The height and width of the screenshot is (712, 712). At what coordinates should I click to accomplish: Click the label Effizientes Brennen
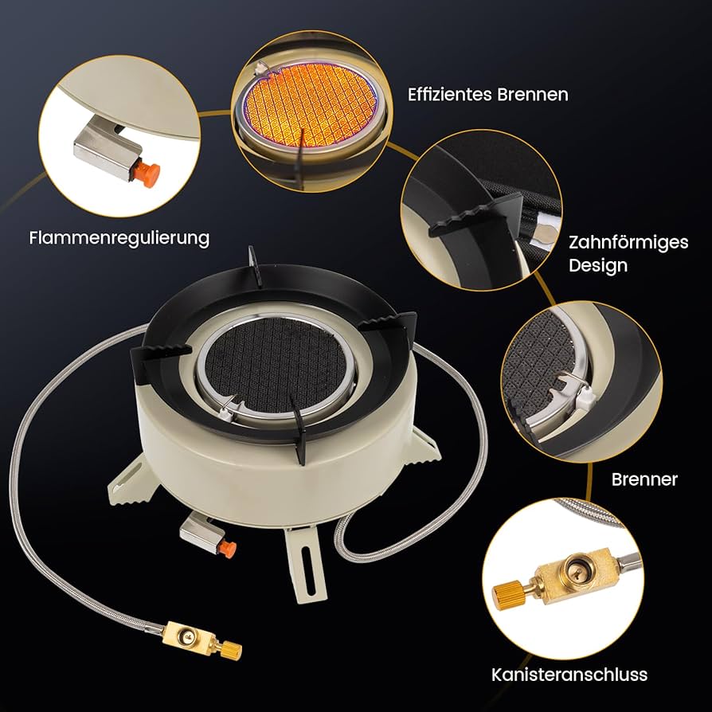(x=487, y=95)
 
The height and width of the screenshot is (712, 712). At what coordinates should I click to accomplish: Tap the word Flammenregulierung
(x=119, y=238)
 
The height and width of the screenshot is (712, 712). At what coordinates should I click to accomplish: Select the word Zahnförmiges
(x=628, y=242)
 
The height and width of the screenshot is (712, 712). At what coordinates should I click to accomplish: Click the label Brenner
(x=644, y=479)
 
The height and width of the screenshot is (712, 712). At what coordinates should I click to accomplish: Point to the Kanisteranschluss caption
(x=569, y=675)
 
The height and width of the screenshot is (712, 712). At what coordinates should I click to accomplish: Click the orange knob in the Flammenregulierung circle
(x=147, y=174)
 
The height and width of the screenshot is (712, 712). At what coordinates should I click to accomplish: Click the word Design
(x=598, y=265)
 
